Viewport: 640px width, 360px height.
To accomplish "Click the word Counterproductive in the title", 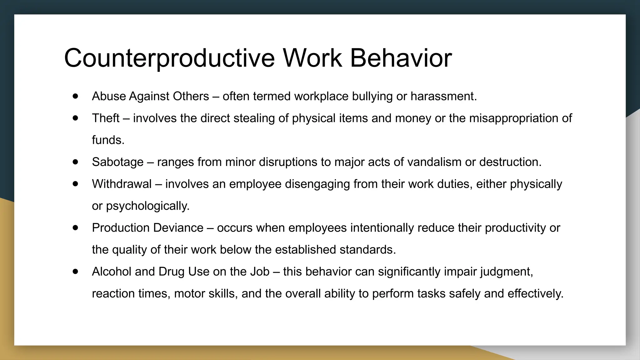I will (x=169, y=58).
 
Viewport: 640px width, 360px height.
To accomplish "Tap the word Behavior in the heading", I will (x=401, y=58).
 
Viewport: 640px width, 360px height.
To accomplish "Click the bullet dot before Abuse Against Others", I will (x=75, y=96).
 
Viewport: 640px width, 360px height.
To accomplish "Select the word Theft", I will (x=106, y=118).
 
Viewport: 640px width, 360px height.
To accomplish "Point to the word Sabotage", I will (x=117, y=162).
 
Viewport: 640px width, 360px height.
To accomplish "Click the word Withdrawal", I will (x=122, y=184).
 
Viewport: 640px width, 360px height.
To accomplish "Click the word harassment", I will (x=443, y=96).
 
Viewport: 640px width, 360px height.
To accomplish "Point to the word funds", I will (x=108, y=140).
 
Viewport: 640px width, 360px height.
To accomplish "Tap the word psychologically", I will (x=147, y=206).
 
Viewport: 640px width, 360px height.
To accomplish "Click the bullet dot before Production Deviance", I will (x=75, y=227).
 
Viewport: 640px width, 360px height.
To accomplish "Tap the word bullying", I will (x=372, y=96).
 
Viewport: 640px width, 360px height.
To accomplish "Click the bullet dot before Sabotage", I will (x=75, y=162).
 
